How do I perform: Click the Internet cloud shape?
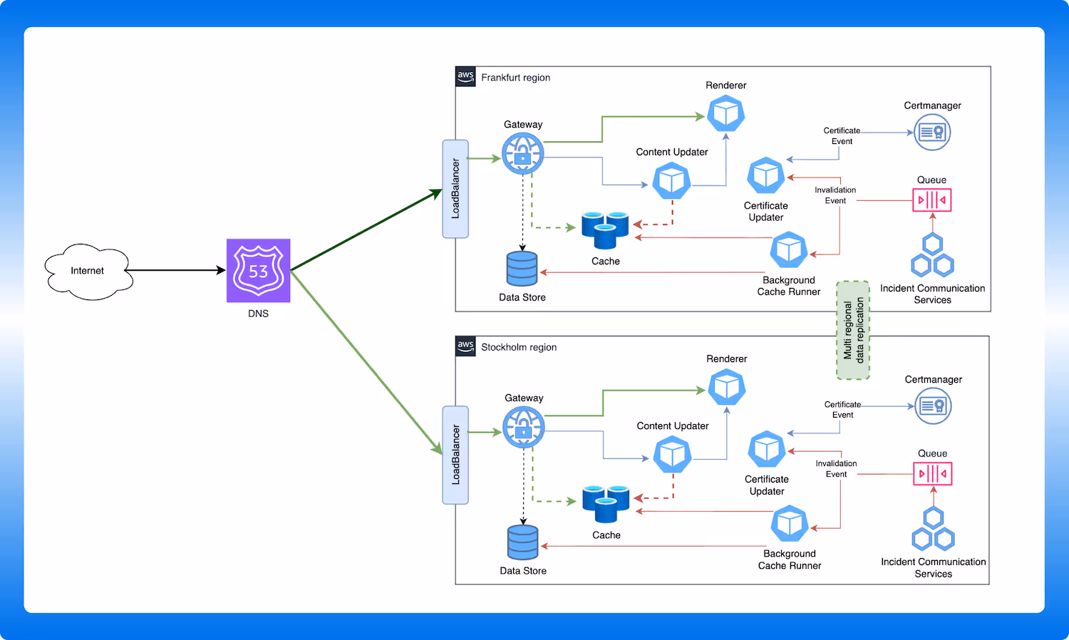88,271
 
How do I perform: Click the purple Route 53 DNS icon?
258,271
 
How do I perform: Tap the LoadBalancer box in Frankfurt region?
455,189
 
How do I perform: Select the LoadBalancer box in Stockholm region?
455,455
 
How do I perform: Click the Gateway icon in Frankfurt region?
522,153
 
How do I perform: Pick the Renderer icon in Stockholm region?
726,387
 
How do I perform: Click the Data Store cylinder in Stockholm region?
522,542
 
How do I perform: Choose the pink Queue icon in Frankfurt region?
931,200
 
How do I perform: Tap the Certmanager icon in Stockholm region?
933,406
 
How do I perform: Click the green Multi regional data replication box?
853,330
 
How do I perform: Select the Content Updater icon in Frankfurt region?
671,180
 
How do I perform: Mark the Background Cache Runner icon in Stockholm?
789,524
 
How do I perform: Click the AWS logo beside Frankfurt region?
465,76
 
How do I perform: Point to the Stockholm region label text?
519,347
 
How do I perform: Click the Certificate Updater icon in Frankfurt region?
765,175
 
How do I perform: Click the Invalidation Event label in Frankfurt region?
835,195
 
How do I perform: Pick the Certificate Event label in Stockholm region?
842,409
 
